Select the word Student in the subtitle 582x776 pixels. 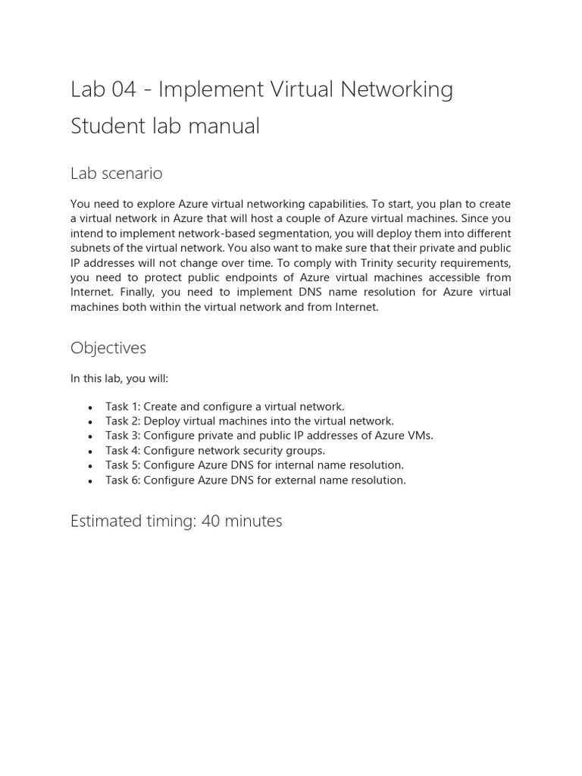(105, 127)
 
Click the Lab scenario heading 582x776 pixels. (116, 174)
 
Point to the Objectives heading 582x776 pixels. (108, 348)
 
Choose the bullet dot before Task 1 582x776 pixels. (91, 408)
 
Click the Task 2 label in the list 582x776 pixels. (122, 421)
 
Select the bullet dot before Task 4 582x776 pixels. (91, 452)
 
